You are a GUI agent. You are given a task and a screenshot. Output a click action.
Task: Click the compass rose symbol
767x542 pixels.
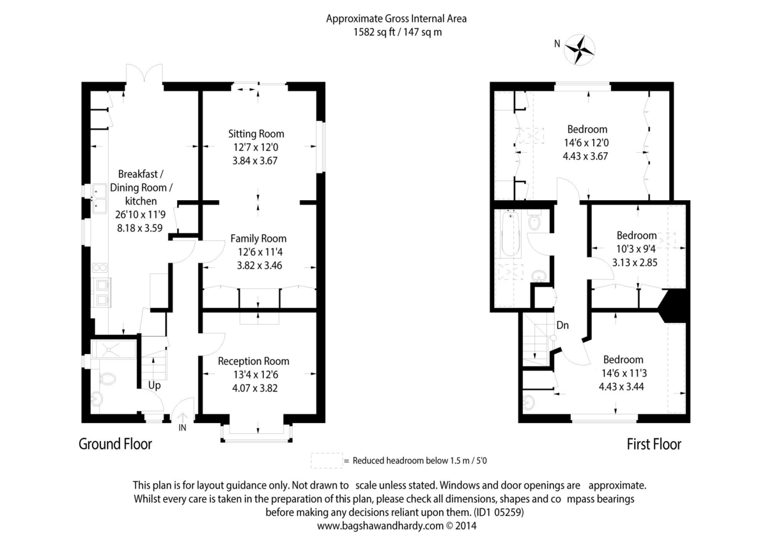click(579, 50)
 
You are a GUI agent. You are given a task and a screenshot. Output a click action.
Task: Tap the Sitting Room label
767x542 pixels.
click(256, 134)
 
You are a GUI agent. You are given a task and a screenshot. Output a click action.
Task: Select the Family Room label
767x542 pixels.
click(258, 238)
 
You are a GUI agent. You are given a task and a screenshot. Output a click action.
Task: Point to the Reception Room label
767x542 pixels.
click(253, 361)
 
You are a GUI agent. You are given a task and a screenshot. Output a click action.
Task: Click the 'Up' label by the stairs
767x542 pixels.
click(155, 385)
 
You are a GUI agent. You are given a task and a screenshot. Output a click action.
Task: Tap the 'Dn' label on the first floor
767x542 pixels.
click(562, 325)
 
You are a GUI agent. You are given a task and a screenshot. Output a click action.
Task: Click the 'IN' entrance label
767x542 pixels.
click(182, 428)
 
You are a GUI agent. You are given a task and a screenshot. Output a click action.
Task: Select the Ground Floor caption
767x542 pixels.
click(116, 444)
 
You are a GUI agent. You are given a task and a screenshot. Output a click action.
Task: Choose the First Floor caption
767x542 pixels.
click(654, 444)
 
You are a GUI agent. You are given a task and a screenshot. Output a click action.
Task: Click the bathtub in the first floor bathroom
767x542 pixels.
click(510, 234)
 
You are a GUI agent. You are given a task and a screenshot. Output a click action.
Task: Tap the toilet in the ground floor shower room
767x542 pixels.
click(107, 378)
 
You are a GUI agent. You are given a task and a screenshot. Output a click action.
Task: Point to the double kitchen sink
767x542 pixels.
click(99, 199)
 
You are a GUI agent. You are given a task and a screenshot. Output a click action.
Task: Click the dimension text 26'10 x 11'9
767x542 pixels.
click(141, 215)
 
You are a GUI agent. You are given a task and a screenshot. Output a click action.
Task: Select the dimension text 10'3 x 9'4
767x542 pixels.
click(636, 249)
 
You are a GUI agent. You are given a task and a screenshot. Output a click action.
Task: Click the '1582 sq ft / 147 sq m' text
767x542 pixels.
click(398, 32)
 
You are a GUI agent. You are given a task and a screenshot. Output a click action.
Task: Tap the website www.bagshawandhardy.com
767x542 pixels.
click(380, 525)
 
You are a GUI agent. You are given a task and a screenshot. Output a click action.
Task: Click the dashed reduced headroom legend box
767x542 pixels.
click(327, 461)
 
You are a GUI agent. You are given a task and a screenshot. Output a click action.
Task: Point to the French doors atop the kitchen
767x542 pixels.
click(144, 74)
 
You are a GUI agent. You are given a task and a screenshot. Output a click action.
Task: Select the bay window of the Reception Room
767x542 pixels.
click(256, 433)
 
